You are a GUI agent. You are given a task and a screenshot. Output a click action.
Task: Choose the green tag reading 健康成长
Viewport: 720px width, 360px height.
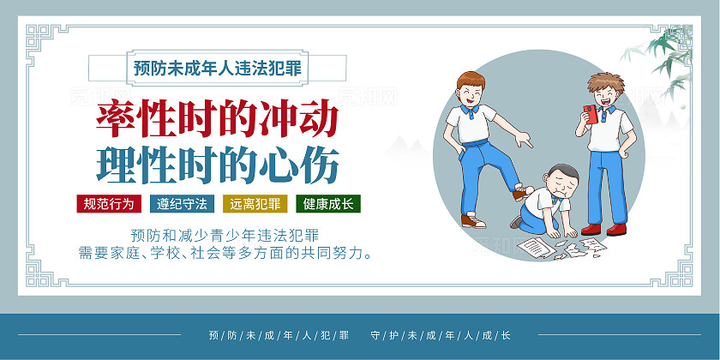tap(328, 205)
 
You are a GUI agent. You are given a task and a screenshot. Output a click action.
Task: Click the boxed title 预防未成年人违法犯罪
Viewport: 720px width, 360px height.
tap(218, 67)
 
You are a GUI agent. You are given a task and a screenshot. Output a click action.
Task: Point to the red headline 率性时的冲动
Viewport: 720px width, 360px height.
tap(217, 121)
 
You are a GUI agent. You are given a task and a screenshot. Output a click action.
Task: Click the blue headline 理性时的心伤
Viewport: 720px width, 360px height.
tap(218, 163)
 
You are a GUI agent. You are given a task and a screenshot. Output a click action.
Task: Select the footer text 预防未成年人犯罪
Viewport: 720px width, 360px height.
tap(279, 335)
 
